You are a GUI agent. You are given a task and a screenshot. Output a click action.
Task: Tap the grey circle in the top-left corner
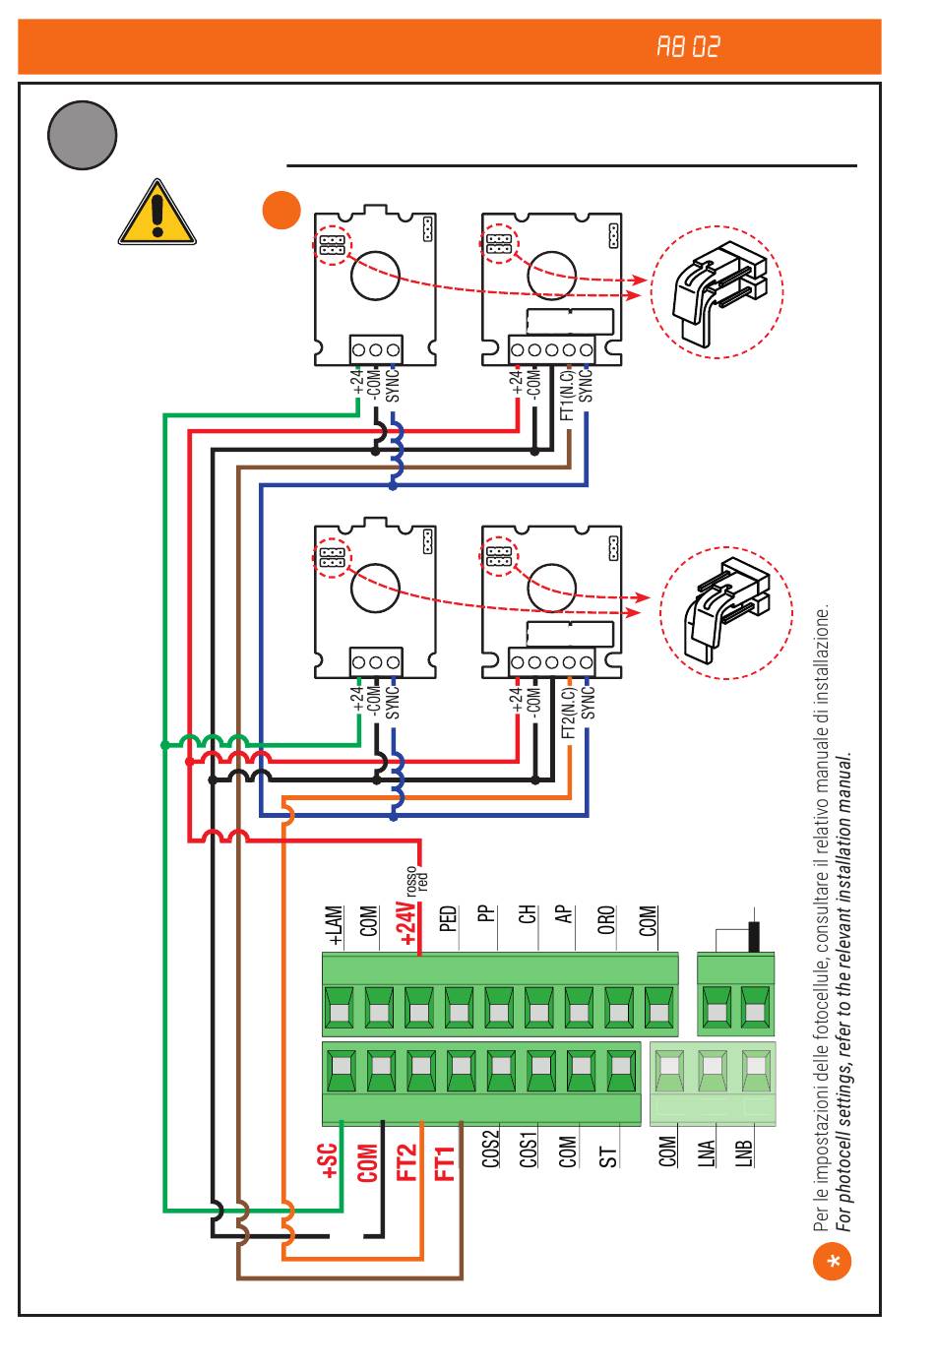(x=83, y=135)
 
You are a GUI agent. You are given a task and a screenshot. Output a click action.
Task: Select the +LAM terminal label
(x=336, y=927)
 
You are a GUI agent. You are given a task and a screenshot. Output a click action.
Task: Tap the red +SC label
(x=329, y=1161)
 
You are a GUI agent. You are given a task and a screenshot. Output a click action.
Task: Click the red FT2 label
(x=406, y=1162)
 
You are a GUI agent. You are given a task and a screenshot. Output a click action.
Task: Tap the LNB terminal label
(x=745, y=1152)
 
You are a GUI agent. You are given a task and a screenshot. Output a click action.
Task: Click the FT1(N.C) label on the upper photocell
(x=567, y=395)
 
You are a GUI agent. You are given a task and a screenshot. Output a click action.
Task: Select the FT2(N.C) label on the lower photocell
(x=568, y=714)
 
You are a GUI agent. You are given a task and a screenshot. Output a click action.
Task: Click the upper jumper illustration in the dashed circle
(x=718, y=292)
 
